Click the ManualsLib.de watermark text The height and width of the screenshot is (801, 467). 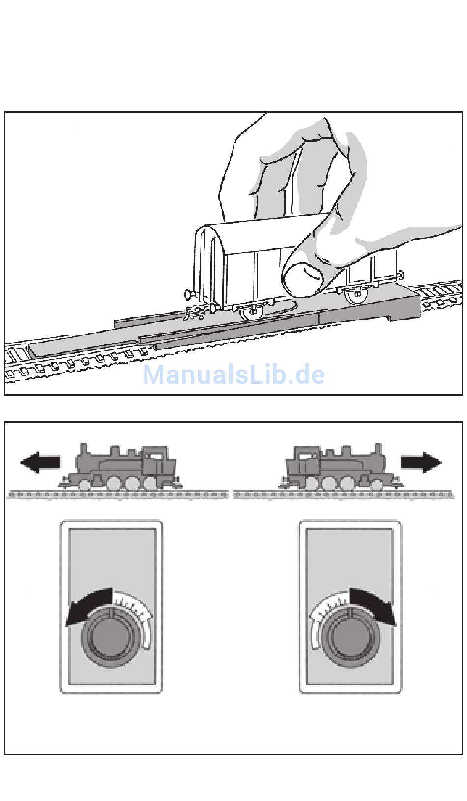233,374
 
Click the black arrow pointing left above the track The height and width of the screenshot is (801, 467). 40,462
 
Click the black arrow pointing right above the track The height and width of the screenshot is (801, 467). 421,462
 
